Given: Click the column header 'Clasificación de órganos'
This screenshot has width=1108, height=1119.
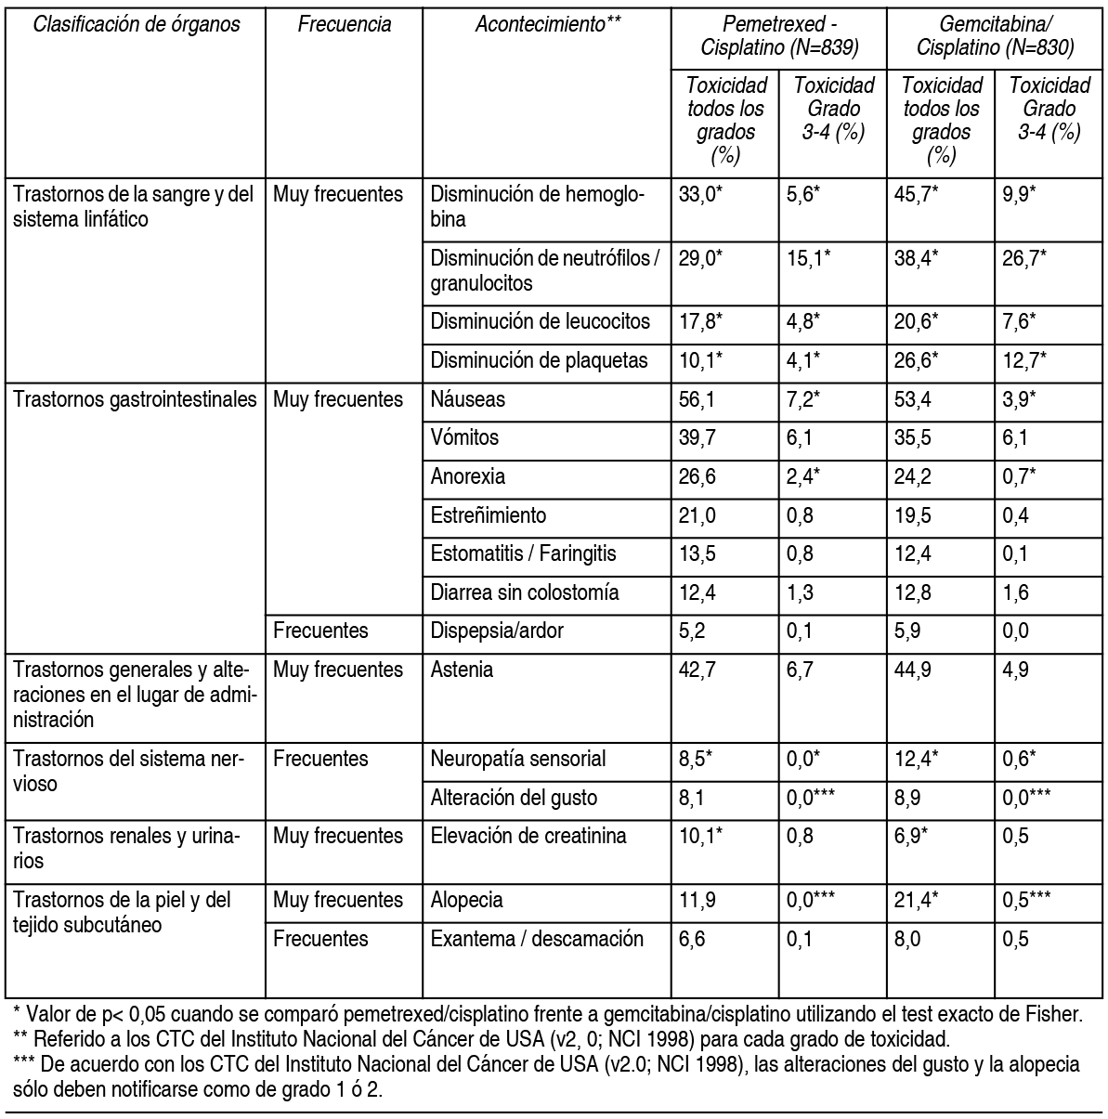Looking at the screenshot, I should click(136, 25).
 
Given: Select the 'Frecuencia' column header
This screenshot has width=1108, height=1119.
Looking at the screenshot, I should click(344, 25).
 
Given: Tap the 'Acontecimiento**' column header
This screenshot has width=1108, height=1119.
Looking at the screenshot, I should click(547, 25).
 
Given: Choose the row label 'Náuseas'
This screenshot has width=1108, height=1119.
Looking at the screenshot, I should click(467, 399).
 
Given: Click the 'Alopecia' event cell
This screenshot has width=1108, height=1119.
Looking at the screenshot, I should click(466, 900).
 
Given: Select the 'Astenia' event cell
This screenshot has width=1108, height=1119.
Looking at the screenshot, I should click(462, 670).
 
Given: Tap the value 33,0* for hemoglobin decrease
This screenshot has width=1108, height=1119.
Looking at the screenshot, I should click(701, 195).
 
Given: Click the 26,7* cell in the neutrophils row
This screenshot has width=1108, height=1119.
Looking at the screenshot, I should click(1023, 258).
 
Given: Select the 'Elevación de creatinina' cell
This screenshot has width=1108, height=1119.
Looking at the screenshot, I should click(528, 836).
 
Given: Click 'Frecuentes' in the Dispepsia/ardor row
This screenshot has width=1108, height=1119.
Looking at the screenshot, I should click(320, 631).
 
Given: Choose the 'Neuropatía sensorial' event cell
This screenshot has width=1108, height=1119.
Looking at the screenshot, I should click(517, 759).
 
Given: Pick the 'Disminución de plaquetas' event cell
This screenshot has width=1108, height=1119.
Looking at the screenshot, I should click(539, 360).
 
